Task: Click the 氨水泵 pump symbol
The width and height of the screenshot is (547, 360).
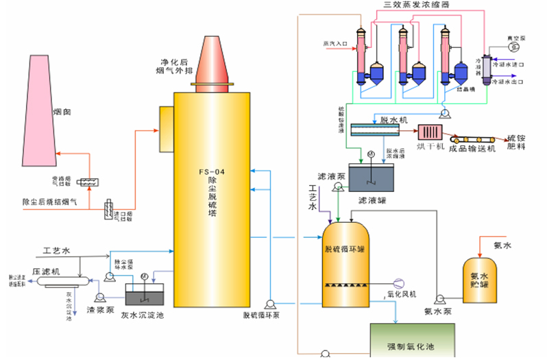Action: [x=439, y=298]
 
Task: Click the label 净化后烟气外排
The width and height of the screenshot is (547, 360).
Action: [x=175, y=66]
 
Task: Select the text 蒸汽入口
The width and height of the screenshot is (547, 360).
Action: [x=336, y=43]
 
